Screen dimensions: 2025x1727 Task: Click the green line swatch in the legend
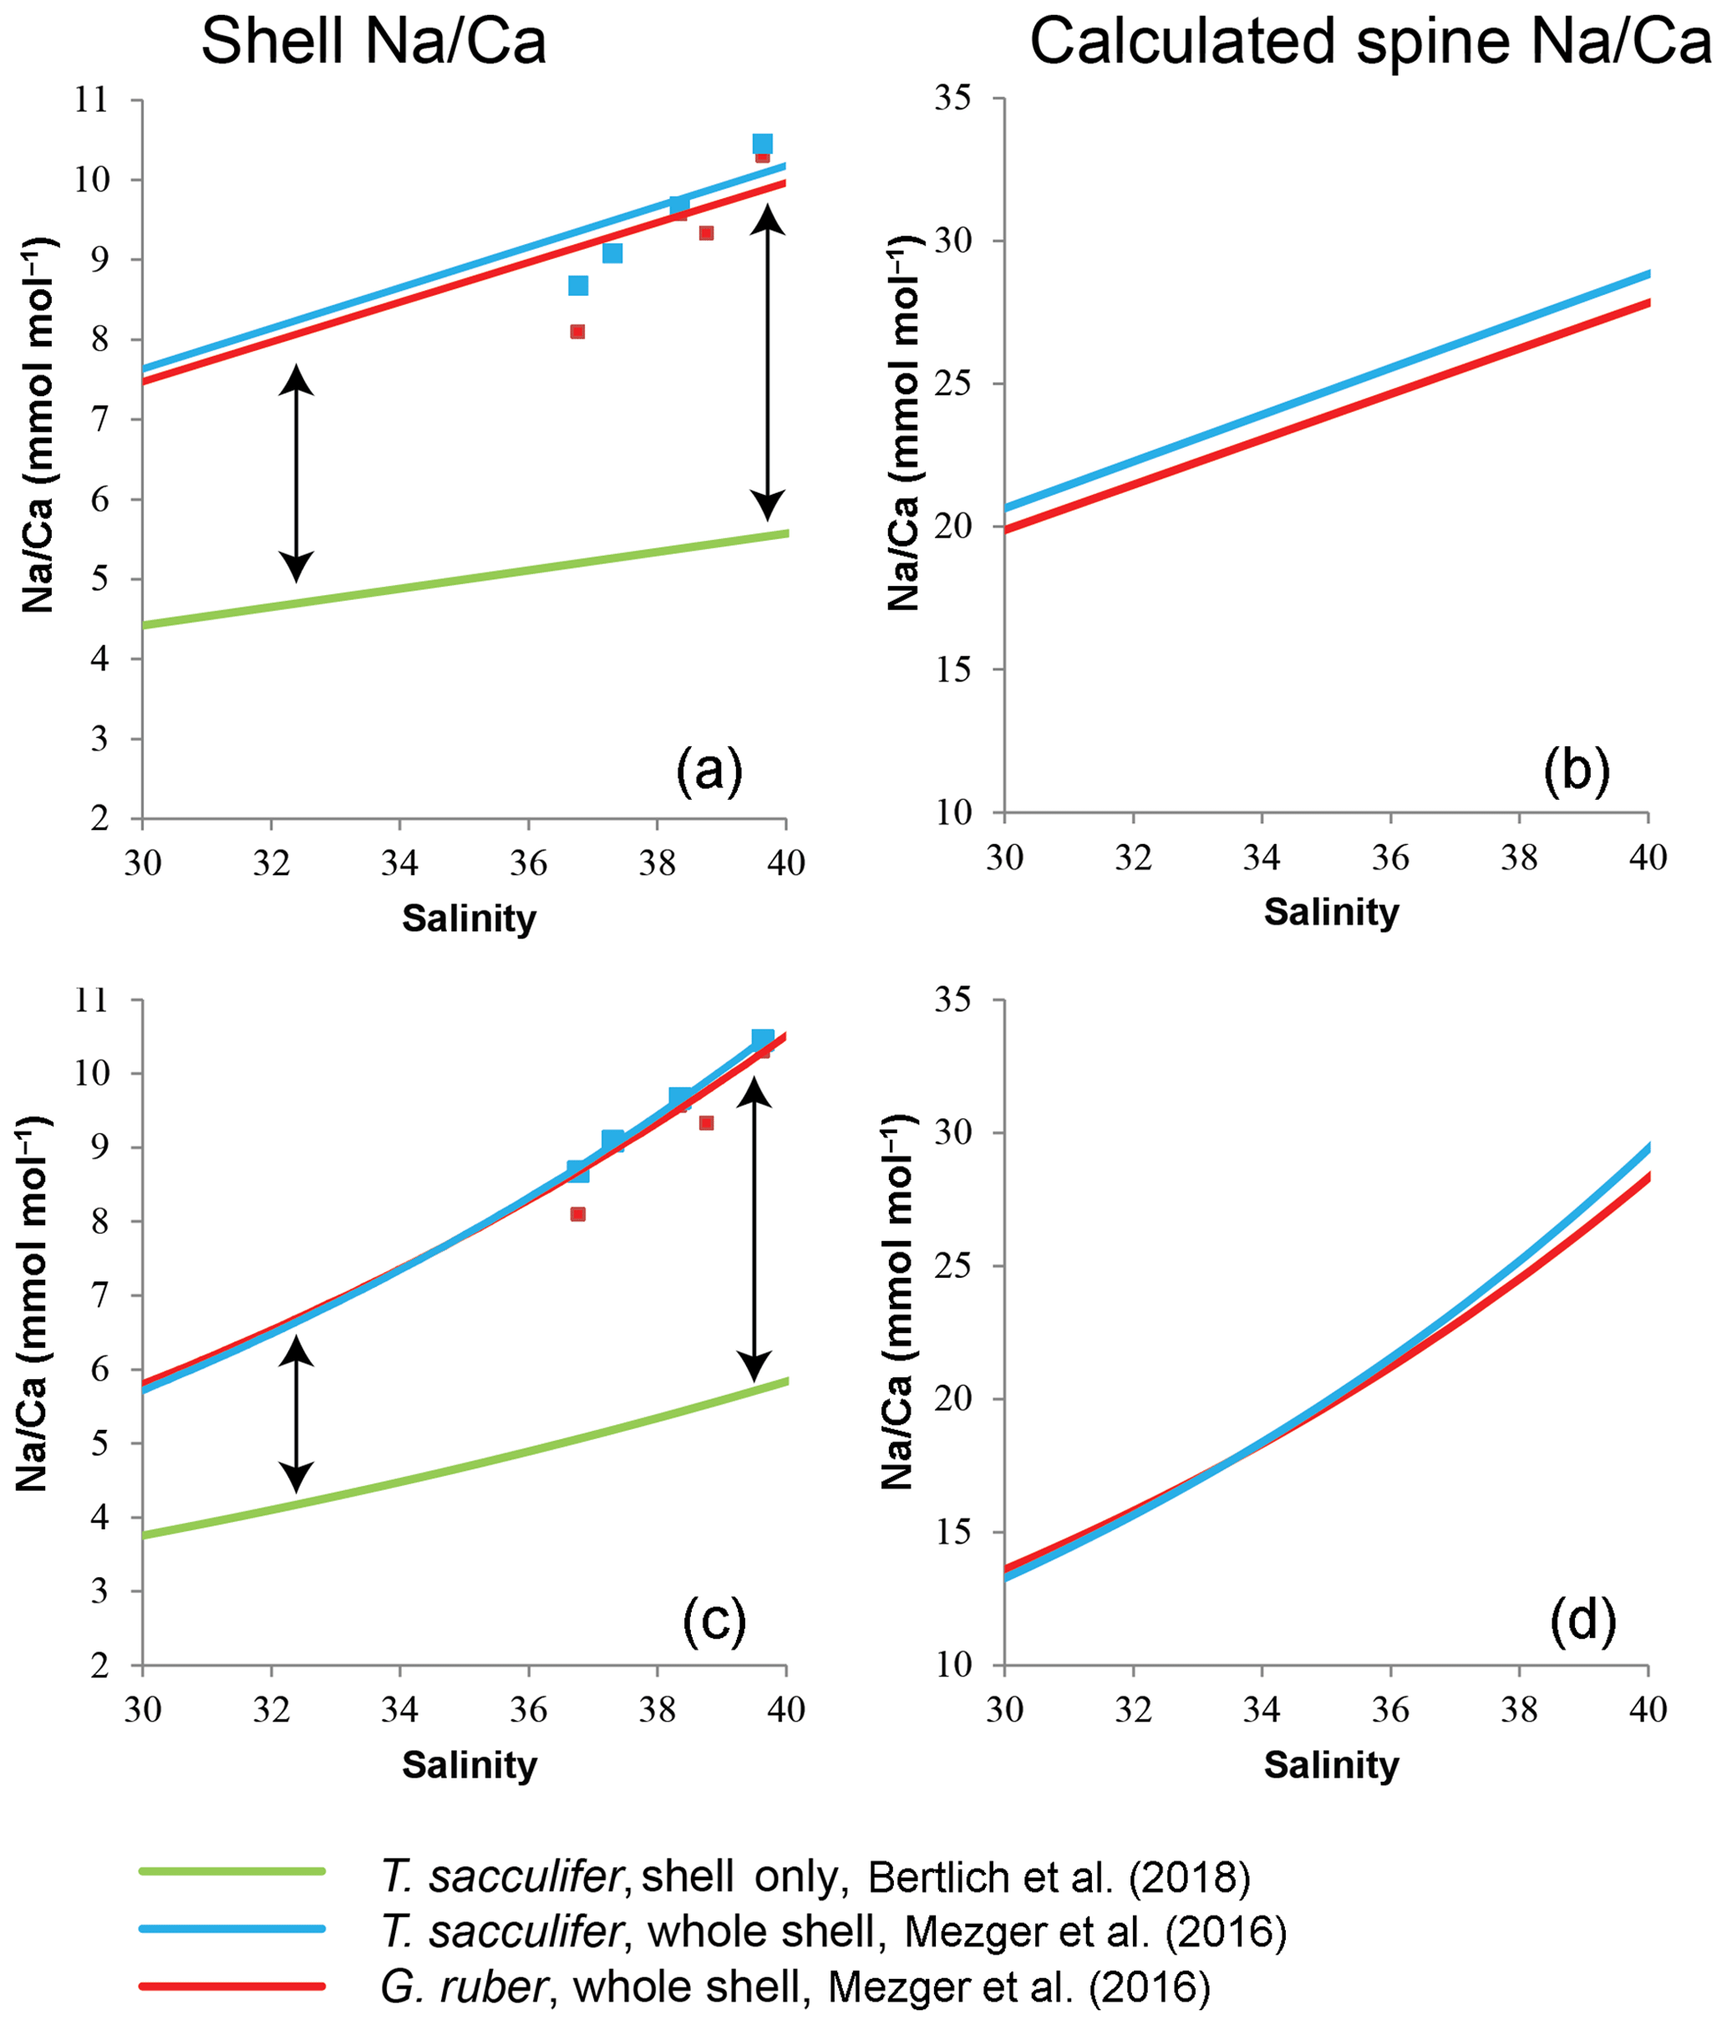[231, 1870]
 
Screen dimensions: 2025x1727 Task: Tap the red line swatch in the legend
[231, 1986]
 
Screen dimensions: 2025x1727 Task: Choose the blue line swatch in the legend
[231, 1928]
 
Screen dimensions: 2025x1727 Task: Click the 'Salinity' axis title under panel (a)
[469, 918]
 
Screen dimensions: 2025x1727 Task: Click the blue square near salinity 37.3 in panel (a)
[612, 253]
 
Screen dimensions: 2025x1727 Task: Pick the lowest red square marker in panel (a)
[577, 331]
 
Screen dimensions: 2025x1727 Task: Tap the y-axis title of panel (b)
[905, 422]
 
